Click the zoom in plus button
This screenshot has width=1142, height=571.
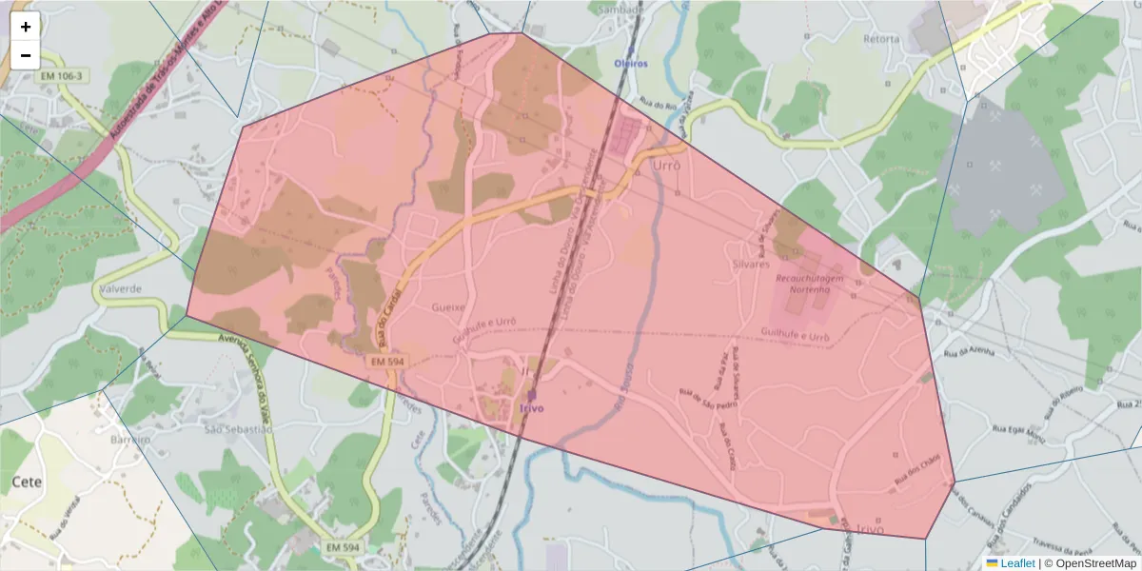coord(26,27)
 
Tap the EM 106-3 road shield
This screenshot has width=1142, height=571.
coord(63,75)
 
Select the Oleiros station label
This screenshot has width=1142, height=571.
coord(630,64)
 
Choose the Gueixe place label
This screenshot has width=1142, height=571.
coord(448,307)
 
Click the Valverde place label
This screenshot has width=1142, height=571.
coord(120,288)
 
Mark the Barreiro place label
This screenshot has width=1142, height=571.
coord(130,441)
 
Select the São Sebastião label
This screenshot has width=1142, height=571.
coord(239,429)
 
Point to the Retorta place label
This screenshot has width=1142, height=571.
coord(880,39)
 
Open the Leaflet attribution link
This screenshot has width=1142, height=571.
coord(1017,563)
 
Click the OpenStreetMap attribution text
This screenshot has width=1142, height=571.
coord(1091,563)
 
